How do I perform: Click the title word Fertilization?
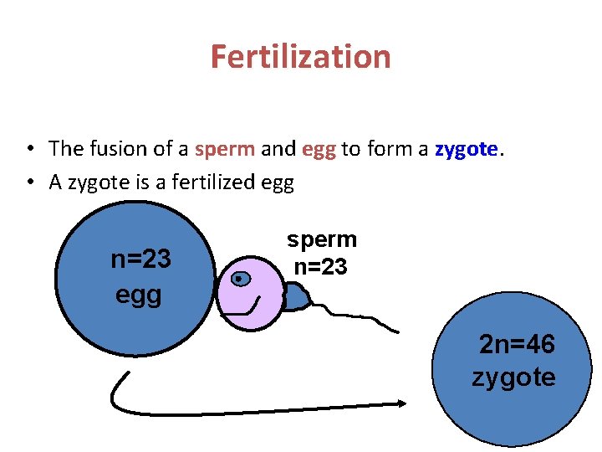click(300, 57)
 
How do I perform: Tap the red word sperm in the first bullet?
click(225, 149)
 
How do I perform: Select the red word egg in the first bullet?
click(319, 149)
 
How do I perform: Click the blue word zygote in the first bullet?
click(466, 150)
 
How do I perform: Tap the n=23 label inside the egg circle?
click(140, 259)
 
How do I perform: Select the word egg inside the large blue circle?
click(139, 295)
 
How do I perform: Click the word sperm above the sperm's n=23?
click(322, 239)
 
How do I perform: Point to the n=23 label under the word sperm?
click(320, 268)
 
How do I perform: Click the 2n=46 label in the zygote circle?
click(517, 344)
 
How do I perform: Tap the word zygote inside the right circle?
click(513, 378)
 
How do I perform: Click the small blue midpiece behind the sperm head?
click(292, 296)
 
